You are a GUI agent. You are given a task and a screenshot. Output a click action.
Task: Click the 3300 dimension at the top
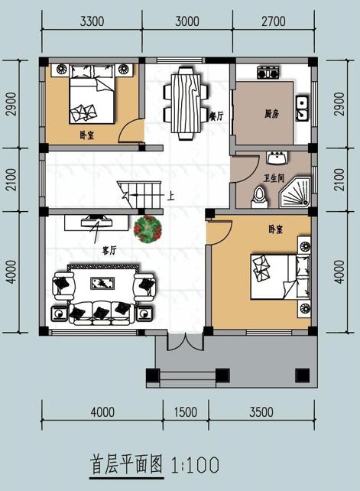(x=92, y=21)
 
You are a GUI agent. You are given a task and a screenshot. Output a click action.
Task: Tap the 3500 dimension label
(x=260, y=412)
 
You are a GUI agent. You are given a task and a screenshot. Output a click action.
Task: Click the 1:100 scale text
(x=197, y=463)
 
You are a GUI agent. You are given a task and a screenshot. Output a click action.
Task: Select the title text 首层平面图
(x=128, y=463)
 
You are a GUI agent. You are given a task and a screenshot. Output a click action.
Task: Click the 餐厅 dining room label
(x=216, y=117)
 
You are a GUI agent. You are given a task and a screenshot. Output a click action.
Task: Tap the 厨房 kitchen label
(x=271, y=114)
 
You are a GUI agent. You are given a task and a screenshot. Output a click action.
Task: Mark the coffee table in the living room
(x=102, y=284)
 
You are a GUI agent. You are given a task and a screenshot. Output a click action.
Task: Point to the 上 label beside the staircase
(x=170, y=195)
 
